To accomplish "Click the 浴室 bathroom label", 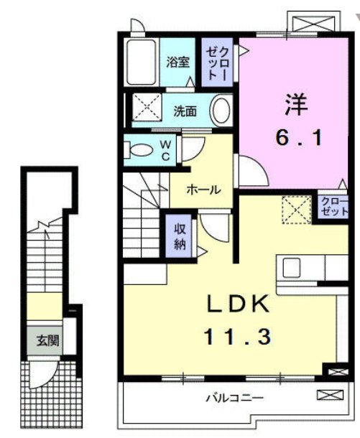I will point(178,62).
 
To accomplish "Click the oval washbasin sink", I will point(222,111).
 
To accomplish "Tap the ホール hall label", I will point(203,190).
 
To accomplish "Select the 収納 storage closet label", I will point(180,236).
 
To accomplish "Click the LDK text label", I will point(239,304).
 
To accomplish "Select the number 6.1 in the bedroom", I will point(297,139).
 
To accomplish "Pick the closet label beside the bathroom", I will point(218,62).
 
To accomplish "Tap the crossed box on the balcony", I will point(326,394).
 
